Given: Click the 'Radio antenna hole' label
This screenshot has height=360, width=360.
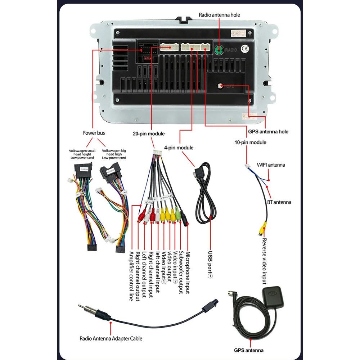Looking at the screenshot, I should pyautogui.click(x=219, y=15).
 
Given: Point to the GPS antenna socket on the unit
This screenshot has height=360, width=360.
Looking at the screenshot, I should pyautogui.click(x=220, y=86).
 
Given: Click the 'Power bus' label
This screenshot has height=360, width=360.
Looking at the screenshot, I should pyautogui.click(x=94, y=133).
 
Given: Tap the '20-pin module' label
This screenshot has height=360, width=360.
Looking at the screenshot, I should pyautogui.click(x=148, y=134).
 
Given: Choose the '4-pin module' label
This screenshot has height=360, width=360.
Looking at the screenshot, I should pyautogui.click(x=179, y=148).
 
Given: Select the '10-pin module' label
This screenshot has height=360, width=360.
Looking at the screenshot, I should pyautogui.click(x=250, y=142).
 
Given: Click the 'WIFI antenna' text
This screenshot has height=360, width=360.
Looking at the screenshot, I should pyautogui.click(x=270, y=165).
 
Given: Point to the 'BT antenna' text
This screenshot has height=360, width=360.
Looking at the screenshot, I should pyautogui.click(x=279, y=202).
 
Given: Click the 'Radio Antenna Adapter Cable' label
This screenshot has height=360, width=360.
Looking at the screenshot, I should pyautogui.click(x=111, y=338).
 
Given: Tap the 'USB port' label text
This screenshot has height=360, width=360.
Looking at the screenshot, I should pyautogui.click(x=211, y=265).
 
